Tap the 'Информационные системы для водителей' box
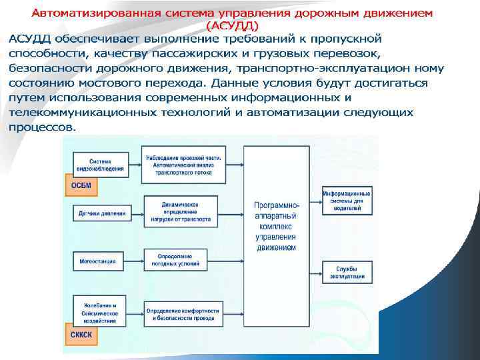347,200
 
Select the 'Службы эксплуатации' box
347,271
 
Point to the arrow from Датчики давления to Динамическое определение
135,213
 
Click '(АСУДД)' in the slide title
234,25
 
